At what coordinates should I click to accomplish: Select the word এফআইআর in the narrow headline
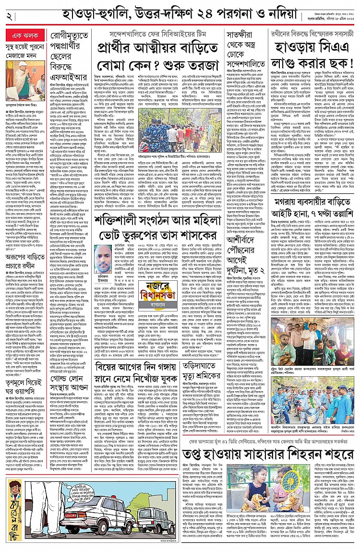tap(68, 76)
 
